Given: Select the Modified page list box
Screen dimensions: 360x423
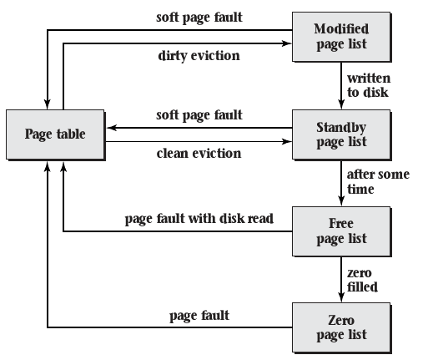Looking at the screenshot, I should click(x=340, y=38).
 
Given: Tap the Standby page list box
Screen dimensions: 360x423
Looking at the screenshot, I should click(x=340, y=134).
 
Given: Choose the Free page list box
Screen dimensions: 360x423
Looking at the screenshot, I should click(x=340, y=231).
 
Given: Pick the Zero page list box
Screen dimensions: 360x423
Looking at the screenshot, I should click(x=340, y=327).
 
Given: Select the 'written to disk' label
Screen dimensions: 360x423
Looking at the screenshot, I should click(x=369, y=85).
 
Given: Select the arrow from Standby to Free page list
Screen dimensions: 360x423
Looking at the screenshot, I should click(x=340, y=182).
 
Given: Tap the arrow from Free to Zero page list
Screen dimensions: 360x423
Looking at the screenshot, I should click(x=340, y=278).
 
